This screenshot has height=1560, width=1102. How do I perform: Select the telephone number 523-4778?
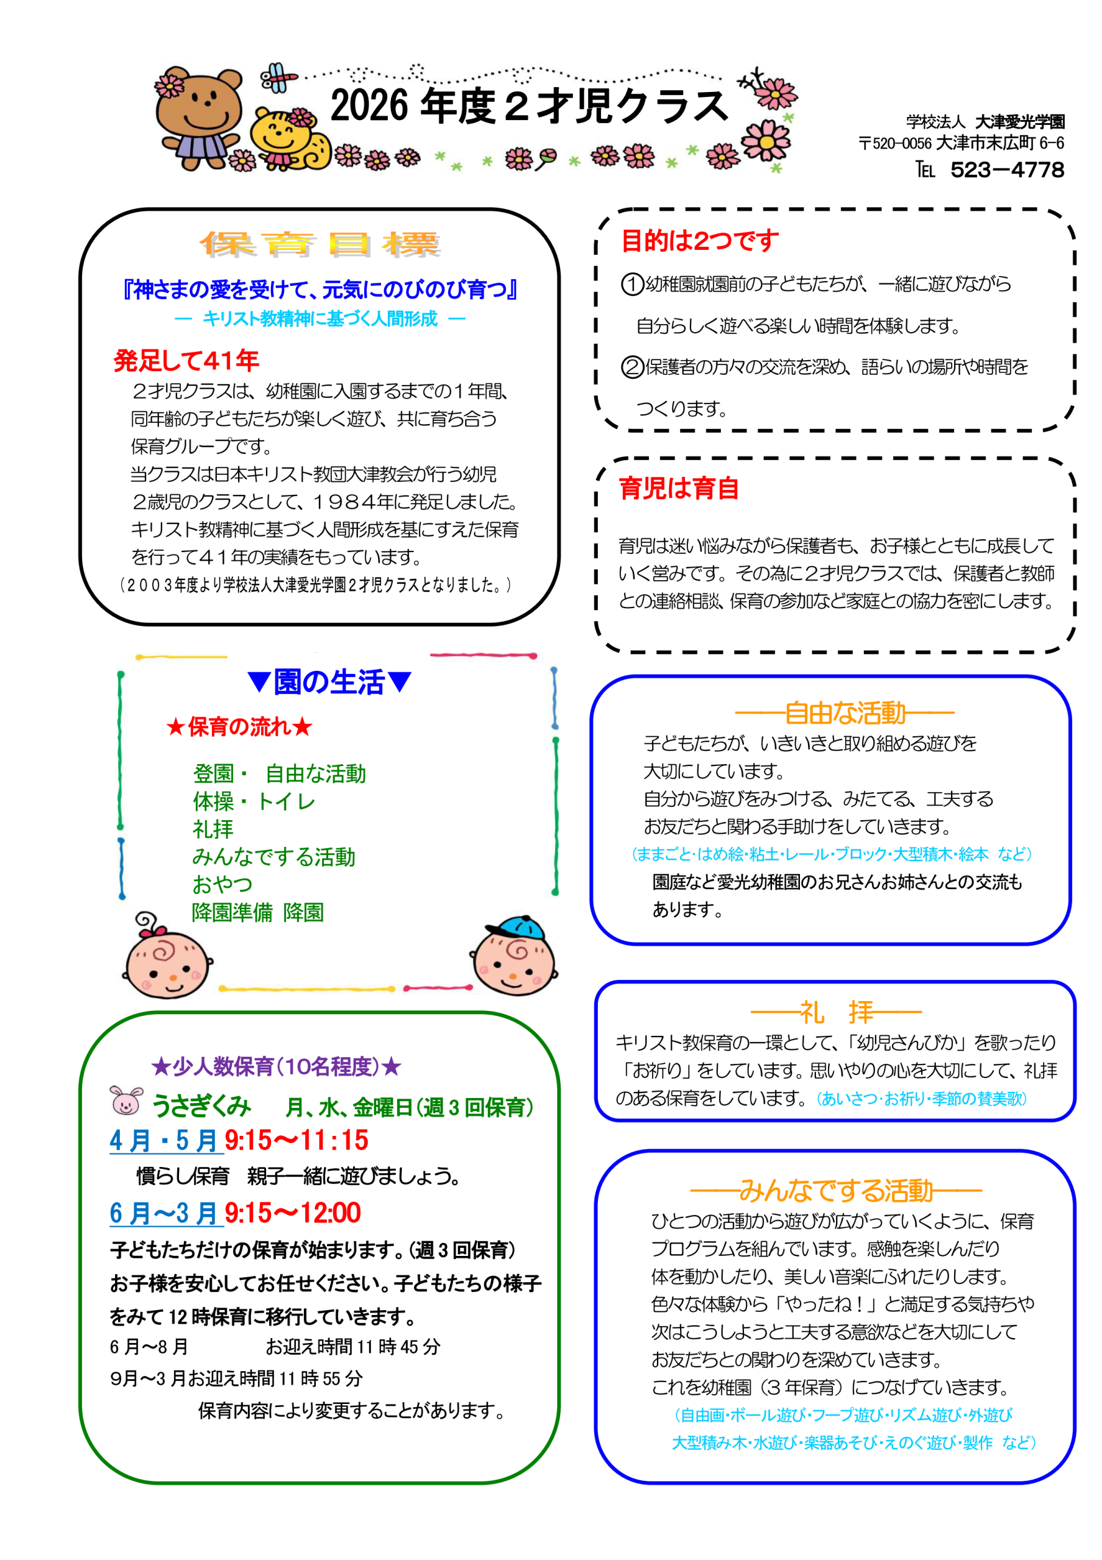[1006, 170]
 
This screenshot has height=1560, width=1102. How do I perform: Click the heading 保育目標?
[320, 244]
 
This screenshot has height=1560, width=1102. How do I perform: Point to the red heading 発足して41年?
[186, 360]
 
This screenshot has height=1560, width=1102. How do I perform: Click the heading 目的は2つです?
[700, 241]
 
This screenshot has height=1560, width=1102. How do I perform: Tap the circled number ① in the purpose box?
[632, 284]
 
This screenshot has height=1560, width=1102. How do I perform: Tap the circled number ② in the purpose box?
[632, 367]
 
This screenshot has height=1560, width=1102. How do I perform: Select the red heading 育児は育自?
[678, 488]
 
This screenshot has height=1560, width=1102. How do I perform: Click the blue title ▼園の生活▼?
[329, 681]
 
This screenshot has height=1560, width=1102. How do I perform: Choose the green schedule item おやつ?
[222, 884]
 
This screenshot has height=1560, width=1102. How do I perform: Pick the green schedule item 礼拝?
[212, 829]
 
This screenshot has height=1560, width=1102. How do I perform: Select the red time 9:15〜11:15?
[297, 1140]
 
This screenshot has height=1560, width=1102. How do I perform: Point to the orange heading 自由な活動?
[844, 713]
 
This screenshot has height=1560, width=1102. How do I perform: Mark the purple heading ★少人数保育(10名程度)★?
[276, 1066]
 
